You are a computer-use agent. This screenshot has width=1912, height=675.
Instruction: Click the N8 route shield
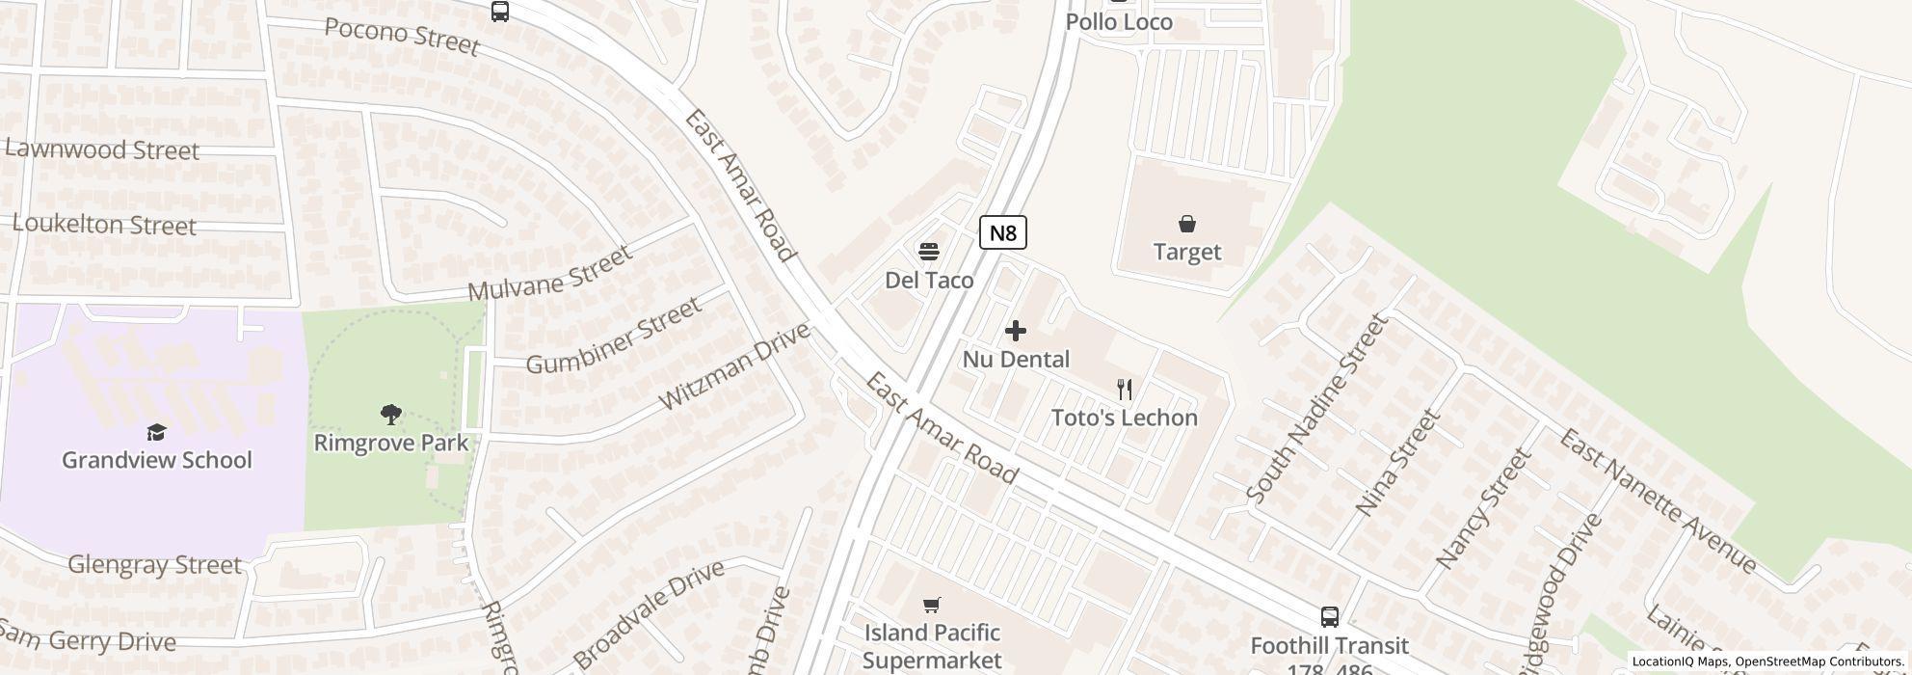1002,232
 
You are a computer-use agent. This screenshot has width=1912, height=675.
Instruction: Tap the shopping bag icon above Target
1186,225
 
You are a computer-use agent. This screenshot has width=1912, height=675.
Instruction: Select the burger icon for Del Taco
928,252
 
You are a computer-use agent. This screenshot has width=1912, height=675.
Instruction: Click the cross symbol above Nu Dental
1015,331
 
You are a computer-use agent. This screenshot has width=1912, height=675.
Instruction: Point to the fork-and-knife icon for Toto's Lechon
1124,390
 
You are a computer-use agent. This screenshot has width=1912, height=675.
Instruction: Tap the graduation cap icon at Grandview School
156,432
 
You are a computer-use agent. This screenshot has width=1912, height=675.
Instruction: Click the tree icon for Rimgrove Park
390,415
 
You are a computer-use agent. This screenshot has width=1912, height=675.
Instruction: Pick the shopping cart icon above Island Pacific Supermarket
931,605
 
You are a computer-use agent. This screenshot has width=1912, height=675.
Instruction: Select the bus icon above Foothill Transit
1329,617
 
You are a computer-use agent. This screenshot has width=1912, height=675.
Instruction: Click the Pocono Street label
402,37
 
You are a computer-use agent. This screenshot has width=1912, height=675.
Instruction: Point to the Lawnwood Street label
102,150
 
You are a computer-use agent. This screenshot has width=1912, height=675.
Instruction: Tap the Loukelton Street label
104,225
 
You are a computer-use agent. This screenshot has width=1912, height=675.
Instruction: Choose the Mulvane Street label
550,273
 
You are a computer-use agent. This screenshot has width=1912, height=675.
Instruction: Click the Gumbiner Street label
614,337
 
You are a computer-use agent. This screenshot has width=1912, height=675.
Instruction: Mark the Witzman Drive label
734,366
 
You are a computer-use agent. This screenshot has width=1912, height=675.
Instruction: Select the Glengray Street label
154,564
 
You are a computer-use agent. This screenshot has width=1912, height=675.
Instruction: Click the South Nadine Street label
1316,409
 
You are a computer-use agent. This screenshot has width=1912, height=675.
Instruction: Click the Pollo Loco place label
1119,21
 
